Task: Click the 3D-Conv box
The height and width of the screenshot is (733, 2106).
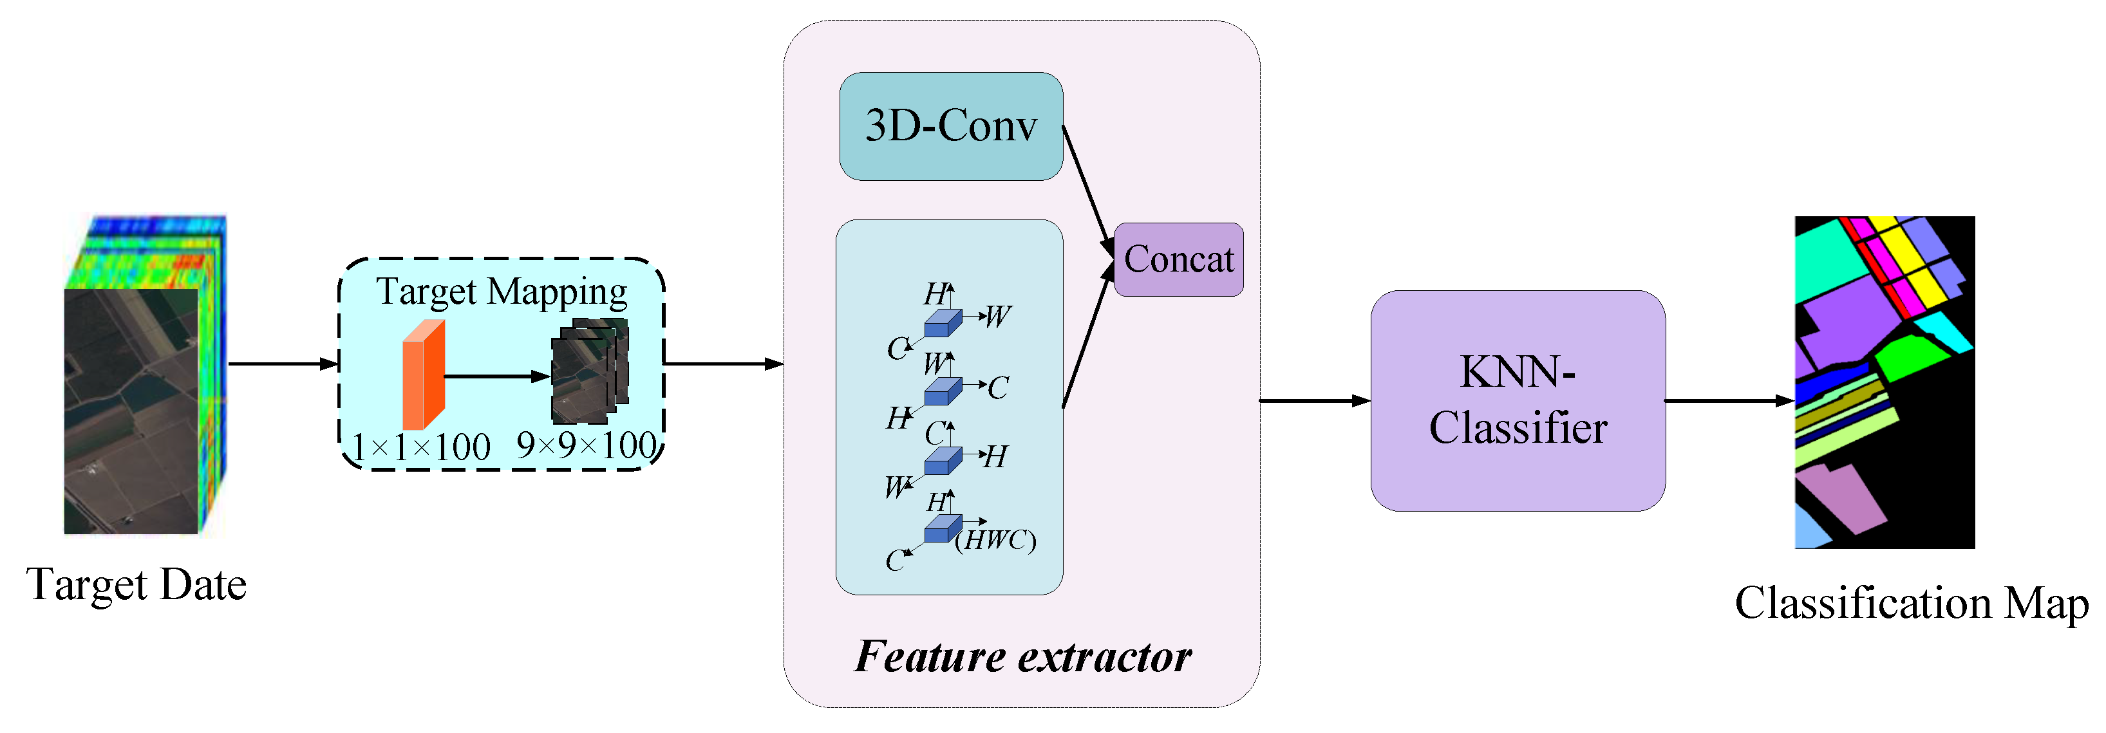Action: coord(951,126)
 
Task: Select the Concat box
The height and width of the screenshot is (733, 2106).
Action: coord(1178,259)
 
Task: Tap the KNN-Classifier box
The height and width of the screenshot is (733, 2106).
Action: coord(1518,400)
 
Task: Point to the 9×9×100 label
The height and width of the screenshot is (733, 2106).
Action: coord(586,445)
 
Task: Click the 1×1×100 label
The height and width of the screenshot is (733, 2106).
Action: coord(421,447)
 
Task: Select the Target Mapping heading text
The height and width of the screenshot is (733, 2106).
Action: coord(501,292)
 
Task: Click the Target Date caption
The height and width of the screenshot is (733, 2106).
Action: coord(136,584)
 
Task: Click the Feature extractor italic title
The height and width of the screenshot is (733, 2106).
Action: coord(1022,656)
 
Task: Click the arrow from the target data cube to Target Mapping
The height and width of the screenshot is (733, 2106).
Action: coord(282,364)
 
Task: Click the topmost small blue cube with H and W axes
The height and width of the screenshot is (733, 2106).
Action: coord(942,324)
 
